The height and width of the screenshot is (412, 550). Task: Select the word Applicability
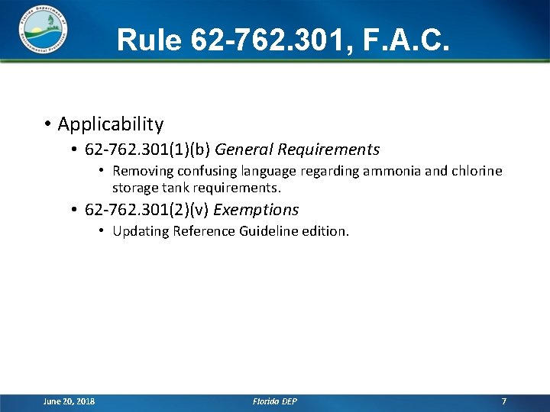tap(110, 124)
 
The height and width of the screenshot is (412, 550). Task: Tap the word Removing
tap(141, 171)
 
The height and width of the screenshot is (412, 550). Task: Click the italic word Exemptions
tap(256, 209)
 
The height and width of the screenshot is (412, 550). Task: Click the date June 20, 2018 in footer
tap(70, 401)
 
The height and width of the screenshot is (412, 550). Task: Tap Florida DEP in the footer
tap(274, 401)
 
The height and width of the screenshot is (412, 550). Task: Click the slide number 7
tap(503, 401)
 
